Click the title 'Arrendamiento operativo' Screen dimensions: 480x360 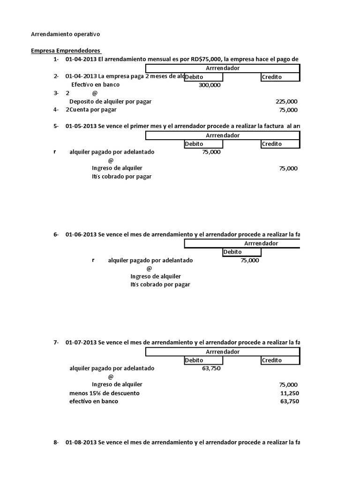pos(65,34)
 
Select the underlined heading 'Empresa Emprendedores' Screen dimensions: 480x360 pos(66,51)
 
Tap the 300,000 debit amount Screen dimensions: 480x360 pos(210,85)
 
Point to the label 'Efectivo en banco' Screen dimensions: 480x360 pos(95,85)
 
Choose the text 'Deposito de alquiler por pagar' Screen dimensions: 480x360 pos(110,101)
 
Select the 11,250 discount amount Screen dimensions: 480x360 pos(289,393)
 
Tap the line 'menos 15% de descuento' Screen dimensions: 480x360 pos(104,393)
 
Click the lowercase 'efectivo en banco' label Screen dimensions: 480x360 pos(94,402)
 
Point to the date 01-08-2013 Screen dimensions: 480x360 pos(81,442)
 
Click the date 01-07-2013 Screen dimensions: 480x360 pos(81,343)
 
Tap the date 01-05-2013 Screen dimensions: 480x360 pos(81,127)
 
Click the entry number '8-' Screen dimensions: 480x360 pos(56,442)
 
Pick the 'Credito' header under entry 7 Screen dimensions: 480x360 pos(272,360)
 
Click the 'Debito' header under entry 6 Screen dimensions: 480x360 pos(232,252)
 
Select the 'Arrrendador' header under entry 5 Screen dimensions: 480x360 pos(223,135)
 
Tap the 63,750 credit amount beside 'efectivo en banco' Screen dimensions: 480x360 pos(289,402)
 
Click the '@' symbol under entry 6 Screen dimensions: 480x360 pos(149,269)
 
